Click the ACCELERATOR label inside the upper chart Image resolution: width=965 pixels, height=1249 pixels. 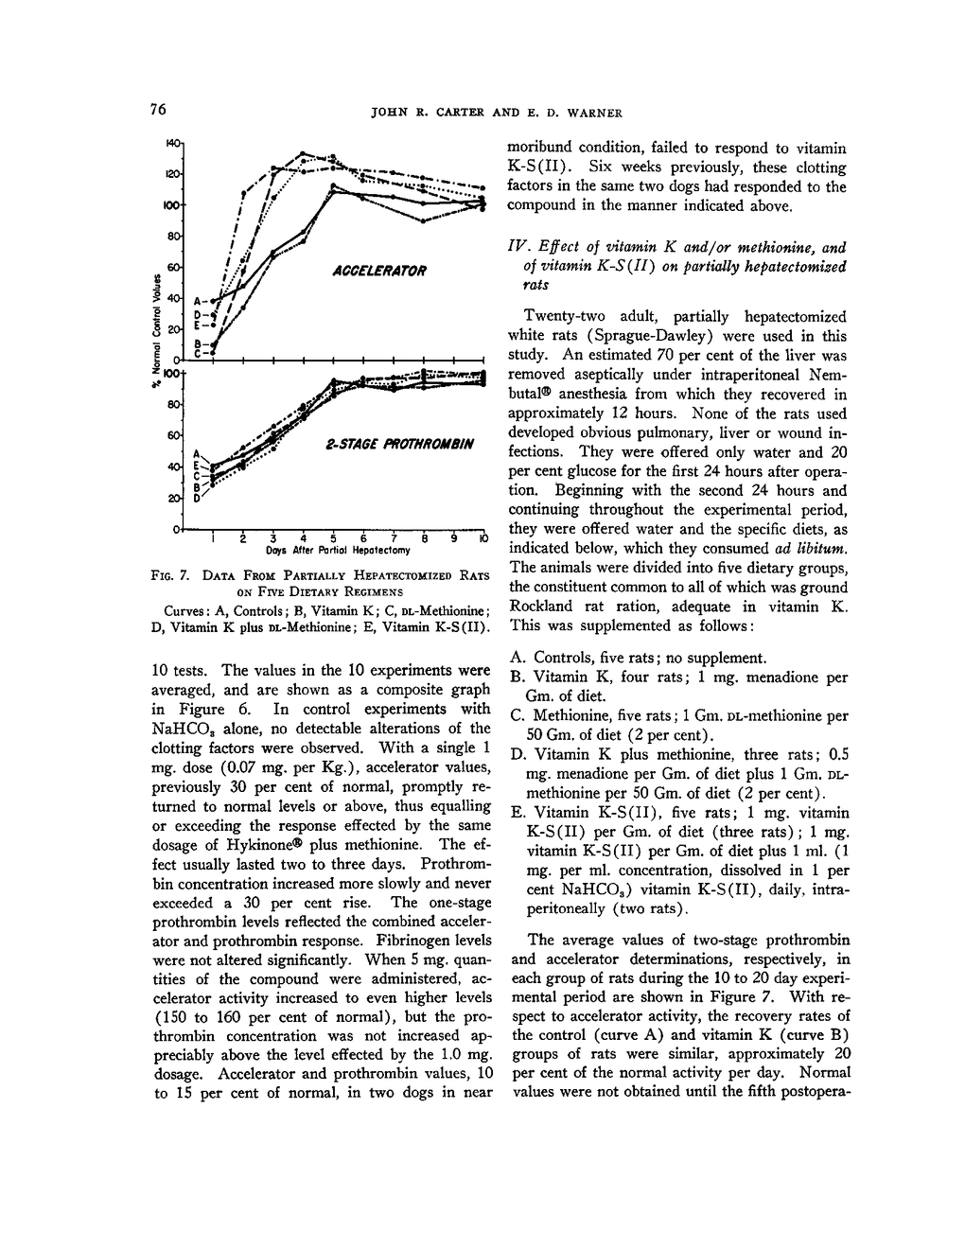tap(375, 271)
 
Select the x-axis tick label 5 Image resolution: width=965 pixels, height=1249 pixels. tap(333, 538)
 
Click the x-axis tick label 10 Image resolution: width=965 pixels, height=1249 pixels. tap(482, 538)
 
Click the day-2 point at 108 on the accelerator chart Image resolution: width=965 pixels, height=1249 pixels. tap(243, 194)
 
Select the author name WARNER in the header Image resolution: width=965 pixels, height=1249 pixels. tap(590, 114)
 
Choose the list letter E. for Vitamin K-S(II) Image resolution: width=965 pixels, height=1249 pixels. tap(517, 813)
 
